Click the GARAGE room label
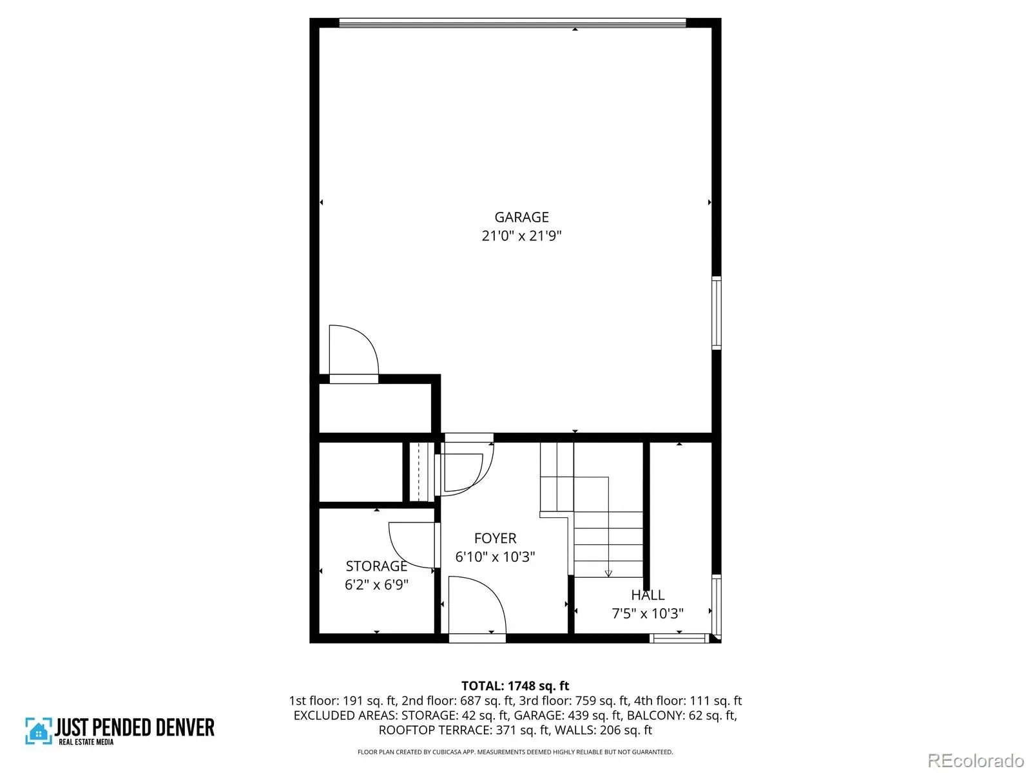[x=521, y=217]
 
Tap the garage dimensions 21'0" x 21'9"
[x=521, y=235]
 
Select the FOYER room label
[x=495, y=538]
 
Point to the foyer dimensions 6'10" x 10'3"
[x=495, y=557]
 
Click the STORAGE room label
[x=376, y=566]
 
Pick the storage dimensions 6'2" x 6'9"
[x=376, y=584]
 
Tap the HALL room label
[x=648, y=595]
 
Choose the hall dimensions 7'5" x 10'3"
[x=648, y=613]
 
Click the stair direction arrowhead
[x=608, y=573]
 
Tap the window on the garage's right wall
[x=717, y=312]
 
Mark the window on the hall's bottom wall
[x=679, y=638]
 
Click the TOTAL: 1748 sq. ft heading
[x=515, y=685]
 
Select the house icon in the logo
[x=39, y=731]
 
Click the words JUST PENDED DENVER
[x=135, y=727]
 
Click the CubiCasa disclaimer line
[x=515, y=752]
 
